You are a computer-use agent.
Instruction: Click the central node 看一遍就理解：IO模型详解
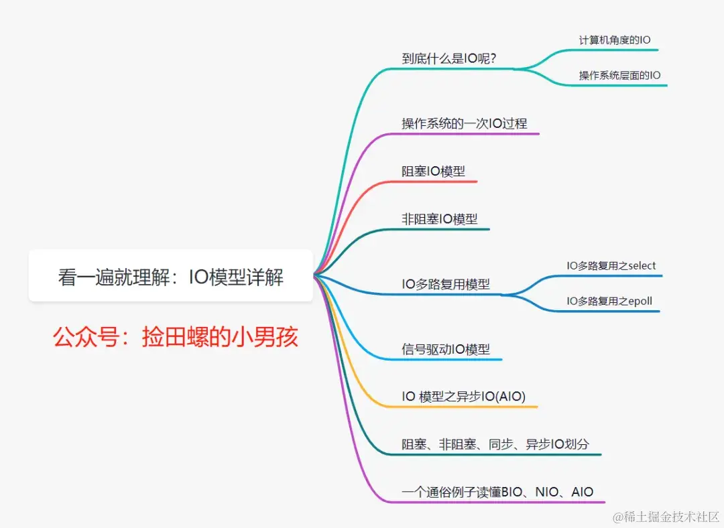pyautogui.click(x=170, y=276)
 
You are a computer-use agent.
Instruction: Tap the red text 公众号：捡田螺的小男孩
pyautogui.click(x=175, y=337)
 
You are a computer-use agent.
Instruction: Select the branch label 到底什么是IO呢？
pyautogui.click(x=448, y=58)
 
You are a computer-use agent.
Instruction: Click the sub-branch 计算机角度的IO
pyautogui.click(x=614, y=40)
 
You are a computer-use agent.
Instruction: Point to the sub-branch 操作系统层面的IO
pyautogui.click(x=619, y=76)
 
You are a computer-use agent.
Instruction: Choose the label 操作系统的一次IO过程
pyautogui.click(x=464, y=123)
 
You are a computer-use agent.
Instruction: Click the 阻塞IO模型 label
pyautogui.click(x=433, y=171)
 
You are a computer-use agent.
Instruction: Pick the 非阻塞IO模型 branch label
pyautogui.click(x=439, y=218)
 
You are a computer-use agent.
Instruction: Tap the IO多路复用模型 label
pyautogui.click(x=445, y=284)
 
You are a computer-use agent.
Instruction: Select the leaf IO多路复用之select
pyautogui.click(x=611, y=266)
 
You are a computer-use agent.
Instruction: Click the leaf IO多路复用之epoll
pyautogui.click(x=609, y=302)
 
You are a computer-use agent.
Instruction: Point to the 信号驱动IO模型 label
pyautogui.click(x=445, y=349)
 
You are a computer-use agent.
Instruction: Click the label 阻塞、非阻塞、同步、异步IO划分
pyautogui.click(x=495, y=444)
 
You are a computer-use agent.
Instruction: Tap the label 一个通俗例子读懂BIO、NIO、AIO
pyautogui.click(x=497, y=492)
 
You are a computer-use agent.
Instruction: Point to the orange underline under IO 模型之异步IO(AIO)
pyautogui.click(x=469, y=407)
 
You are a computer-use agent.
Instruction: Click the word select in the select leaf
pyautogui.click(x=640, y=266)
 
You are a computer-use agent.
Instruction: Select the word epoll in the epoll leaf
pyautogui.click(x=638, y=302)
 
